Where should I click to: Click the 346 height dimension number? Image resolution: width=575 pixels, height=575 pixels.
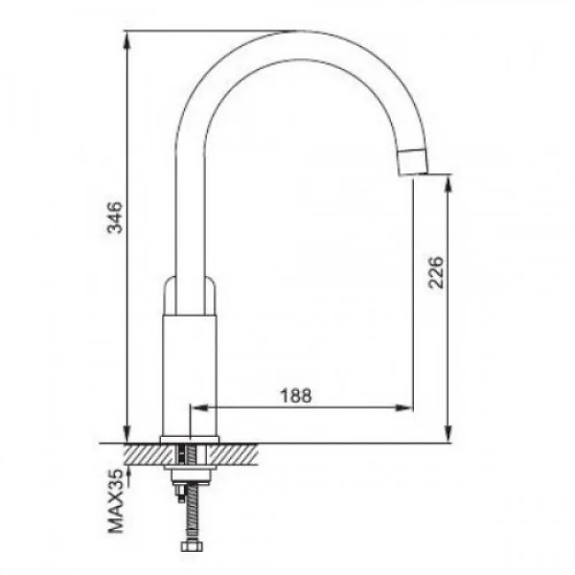(114, 217)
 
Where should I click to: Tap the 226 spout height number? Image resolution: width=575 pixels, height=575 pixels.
(436, 272)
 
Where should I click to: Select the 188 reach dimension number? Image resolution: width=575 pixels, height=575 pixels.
(296, 395)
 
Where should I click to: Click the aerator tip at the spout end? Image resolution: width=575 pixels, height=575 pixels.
(413, 162)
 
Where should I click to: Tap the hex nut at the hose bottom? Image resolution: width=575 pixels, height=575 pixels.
(191, 547)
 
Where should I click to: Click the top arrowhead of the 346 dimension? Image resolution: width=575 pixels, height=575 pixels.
(126, 41)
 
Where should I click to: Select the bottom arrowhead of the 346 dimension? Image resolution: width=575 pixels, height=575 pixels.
(126, 433)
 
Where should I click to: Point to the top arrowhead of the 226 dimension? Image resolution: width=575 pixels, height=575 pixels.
(448, 183)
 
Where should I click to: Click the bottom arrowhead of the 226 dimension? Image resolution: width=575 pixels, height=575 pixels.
(448, 433)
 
